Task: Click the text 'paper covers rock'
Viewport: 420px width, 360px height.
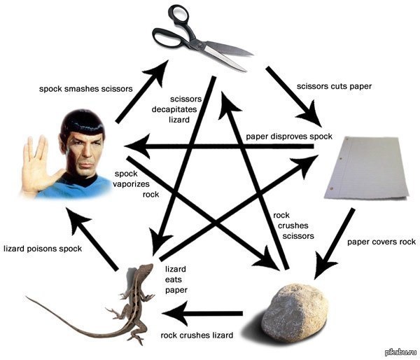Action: [x=381, y=242]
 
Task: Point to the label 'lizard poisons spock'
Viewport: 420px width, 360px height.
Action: [x=43, y=249]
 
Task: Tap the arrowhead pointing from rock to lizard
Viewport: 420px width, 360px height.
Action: [x=178, y=313]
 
